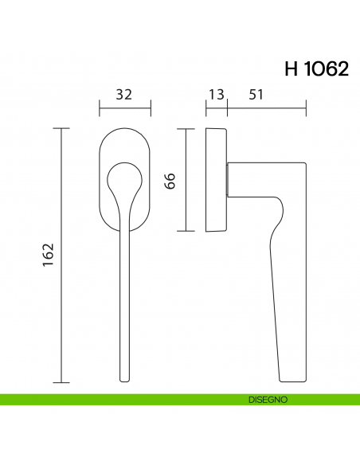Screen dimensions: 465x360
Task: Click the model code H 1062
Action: [316, 69]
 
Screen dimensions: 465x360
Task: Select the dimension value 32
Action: [124, 94]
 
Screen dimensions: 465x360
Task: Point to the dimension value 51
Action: [256, 94]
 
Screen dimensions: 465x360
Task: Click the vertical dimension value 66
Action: [169, 180]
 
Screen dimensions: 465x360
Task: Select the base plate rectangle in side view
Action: [216, 179]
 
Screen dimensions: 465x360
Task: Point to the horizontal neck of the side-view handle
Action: [263, 179]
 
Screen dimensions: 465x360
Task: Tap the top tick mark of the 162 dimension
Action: [62, 127]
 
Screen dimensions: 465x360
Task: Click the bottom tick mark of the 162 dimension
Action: [62, 381]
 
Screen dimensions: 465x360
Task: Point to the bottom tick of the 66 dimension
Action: [186, 231]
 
